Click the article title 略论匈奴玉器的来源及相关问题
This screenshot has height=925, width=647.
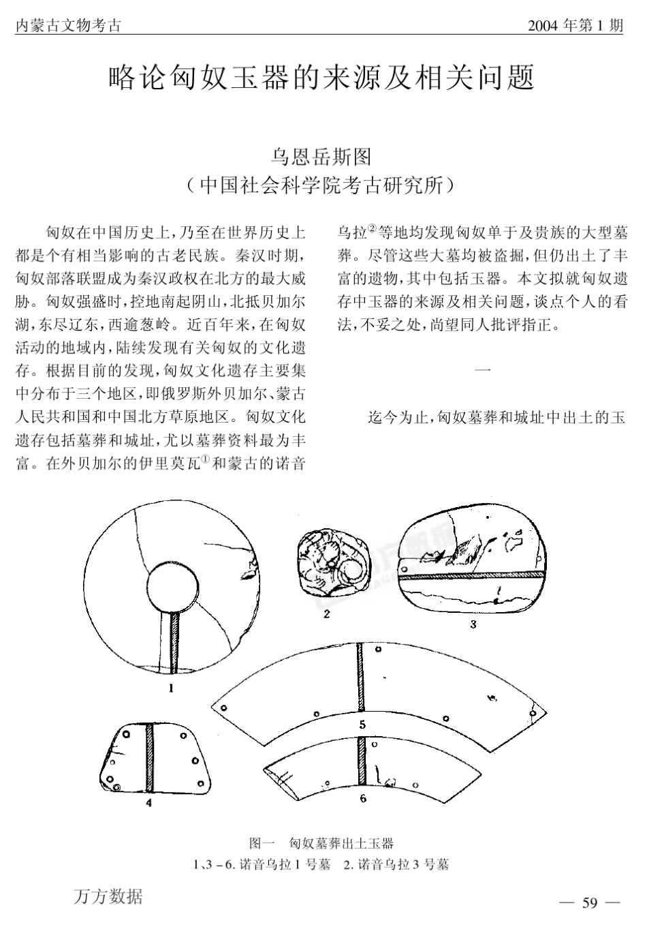point(321,78)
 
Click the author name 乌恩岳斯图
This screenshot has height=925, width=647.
point(321,157)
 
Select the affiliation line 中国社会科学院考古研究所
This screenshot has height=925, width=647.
point(321,185)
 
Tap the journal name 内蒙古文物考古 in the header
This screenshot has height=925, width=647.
point(67,27)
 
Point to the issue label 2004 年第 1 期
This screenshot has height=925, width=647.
point(575,27)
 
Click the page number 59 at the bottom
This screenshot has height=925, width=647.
point(590,903)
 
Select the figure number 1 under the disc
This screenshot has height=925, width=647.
point(171,688)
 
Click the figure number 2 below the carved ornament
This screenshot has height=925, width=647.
point(327,613)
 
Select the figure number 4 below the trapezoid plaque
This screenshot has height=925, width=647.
point(148,802)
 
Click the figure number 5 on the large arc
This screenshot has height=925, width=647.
point(362,725)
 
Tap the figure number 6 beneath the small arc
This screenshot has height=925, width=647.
point(363,798)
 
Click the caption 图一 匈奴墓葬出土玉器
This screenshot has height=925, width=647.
point(321,843)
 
